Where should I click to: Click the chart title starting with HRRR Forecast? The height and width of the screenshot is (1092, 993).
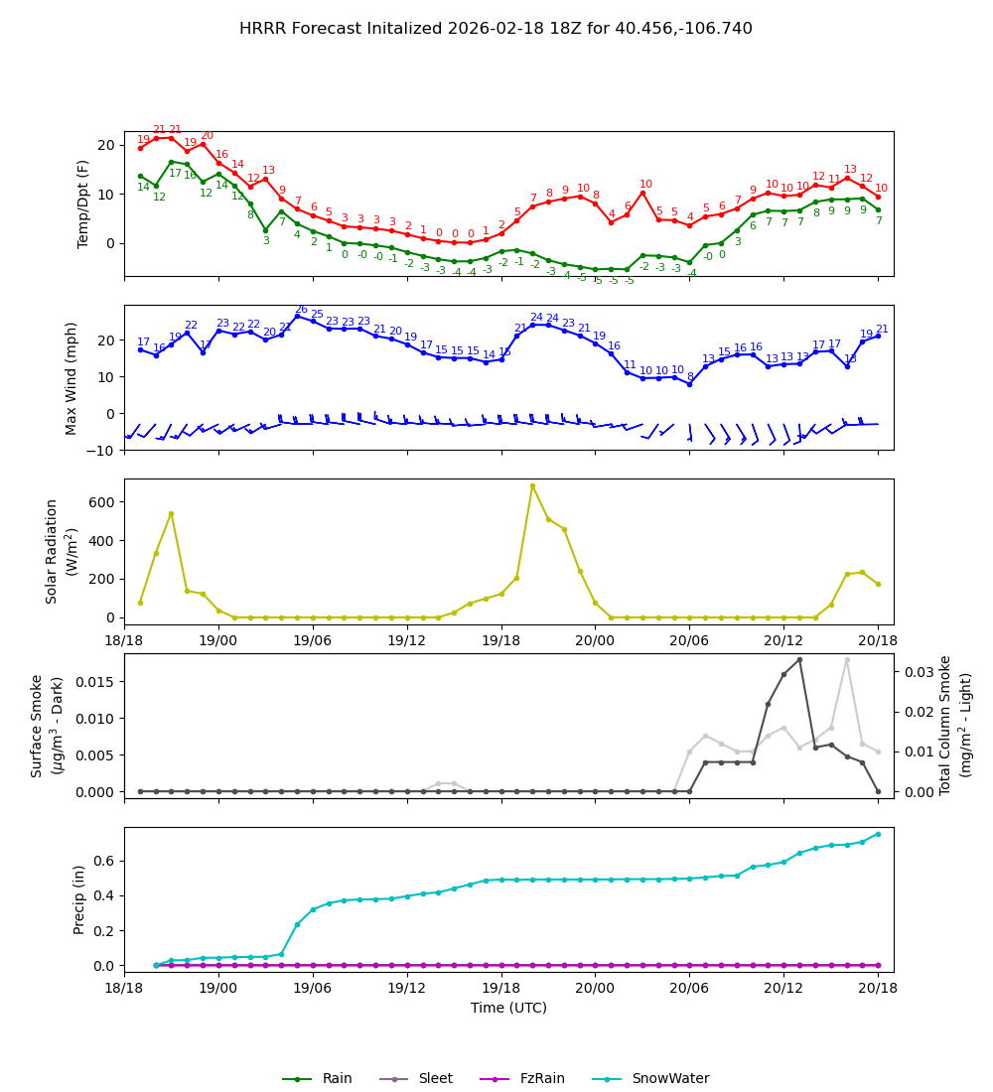[496, 29]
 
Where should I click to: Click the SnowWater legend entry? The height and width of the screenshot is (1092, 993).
[669, 1078]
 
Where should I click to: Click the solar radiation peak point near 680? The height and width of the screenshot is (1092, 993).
[532, 486]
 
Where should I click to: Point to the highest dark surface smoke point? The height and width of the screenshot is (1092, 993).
[799, 659]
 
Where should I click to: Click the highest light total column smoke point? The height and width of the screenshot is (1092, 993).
[847, 659]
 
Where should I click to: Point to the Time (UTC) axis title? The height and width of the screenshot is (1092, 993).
[508, 1008]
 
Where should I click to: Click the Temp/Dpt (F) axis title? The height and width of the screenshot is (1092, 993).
[84, 204]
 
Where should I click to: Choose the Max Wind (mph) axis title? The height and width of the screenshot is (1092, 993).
[71, 377]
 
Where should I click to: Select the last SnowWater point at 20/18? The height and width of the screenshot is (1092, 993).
[878, 834]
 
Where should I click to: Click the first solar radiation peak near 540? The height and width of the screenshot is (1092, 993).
[171, 513]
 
